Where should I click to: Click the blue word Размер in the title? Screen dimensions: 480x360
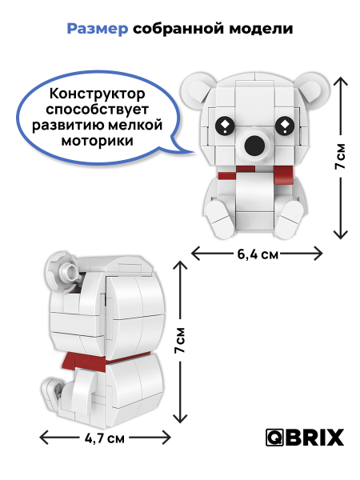pyautogui.click(x=96, y=29)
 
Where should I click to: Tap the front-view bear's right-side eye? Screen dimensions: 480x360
pyautogui.click(x=286, y=126)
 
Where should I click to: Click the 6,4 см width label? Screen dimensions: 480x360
pyautogui.click(x=258, y=254)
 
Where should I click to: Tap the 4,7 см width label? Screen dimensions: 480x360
pyautogui.click(x=105, y=438)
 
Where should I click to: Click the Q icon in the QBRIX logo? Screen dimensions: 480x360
pyautogui.click(x=274, y=438)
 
